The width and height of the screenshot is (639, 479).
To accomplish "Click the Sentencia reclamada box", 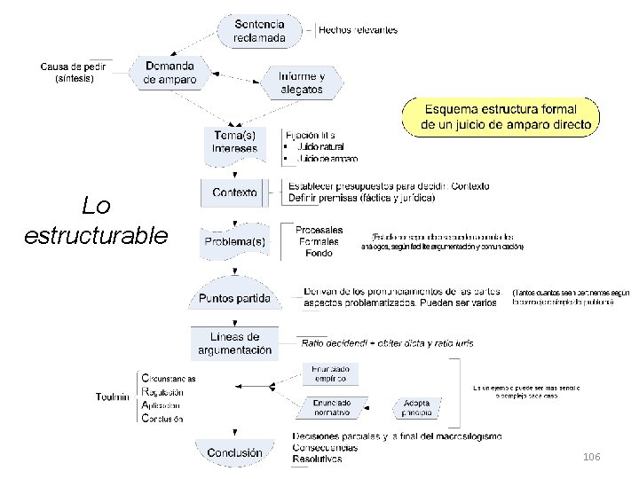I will click(260, 31).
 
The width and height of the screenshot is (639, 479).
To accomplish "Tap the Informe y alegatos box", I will click(301, 82).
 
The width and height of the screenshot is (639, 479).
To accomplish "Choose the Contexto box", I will click(235, 192).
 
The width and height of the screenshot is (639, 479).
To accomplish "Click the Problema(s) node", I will click(235, 240).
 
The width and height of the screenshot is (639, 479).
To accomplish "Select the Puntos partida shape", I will click(235, 298).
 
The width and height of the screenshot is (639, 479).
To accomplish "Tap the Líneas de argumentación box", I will click(235, 343).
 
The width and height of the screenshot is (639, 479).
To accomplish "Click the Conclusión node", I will click(234, 452).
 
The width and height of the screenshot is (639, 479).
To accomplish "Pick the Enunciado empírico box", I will click(331, 373).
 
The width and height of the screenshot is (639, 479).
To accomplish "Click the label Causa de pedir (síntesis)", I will click(74, 72).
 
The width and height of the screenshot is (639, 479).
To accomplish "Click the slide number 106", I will click(591, 456).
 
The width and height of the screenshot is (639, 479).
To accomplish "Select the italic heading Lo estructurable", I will click(96, 221).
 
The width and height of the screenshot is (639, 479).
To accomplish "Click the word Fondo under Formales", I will click(319, 253).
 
